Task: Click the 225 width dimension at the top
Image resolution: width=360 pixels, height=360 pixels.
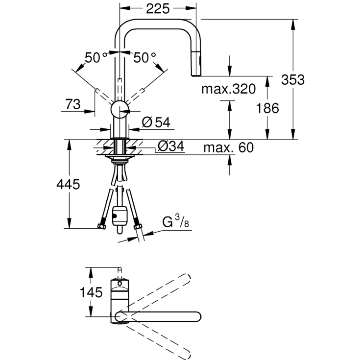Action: point(158,9)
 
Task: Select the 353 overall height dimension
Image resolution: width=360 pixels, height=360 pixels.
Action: point(293,80)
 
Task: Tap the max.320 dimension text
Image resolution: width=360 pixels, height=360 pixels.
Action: point(228,89)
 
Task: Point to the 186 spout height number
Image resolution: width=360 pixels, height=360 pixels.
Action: point(267,108)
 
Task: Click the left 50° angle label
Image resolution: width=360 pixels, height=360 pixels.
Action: point(96,57)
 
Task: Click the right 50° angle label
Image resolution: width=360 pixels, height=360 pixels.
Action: point(144,57)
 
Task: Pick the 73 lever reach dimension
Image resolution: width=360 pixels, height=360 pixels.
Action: point(73,104)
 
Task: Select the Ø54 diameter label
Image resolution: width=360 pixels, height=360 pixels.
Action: point(156,122)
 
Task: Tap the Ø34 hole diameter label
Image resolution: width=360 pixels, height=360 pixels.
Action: point(171,146)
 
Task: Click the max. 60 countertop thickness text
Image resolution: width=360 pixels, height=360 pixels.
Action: point(229,147)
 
